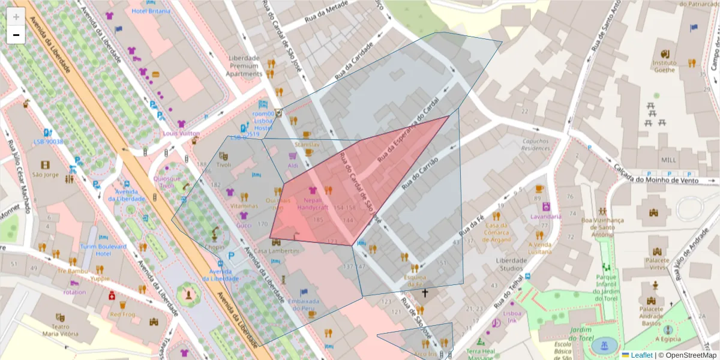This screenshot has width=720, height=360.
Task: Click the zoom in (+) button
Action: point(16,16)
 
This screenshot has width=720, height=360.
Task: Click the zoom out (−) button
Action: point(16,35)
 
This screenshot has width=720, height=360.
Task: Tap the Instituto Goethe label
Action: point(664,66)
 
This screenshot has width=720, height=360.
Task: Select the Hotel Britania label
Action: point(151,11)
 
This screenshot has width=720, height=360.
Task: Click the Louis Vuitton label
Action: point(181,133)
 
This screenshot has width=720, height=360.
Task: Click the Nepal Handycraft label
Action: point(313,203)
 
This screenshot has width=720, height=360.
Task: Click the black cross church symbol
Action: point(425,293)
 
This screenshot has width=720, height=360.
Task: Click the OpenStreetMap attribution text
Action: point(688,355)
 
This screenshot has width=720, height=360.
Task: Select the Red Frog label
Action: point(122,314)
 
